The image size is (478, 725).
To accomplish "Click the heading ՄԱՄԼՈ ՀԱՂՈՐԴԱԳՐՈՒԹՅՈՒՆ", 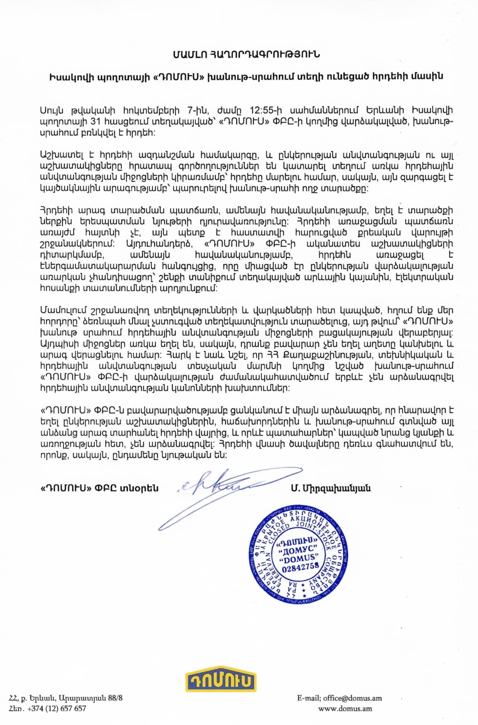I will (x=246, y=54).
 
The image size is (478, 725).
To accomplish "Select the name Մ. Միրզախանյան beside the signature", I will (x=331, y=488).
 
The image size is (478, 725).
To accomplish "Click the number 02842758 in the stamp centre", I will (x=301, y=567).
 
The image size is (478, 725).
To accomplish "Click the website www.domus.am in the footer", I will (x=345, y=709).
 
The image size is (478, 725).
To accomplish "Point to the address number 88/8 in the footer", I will (x=115, y=698).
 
